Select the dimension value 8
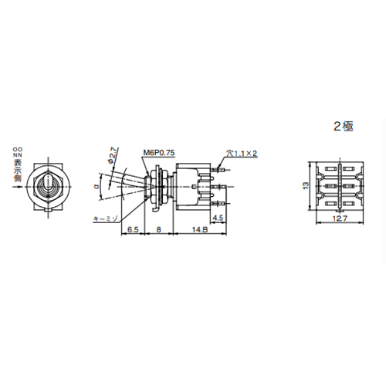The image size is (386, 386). point(158,229)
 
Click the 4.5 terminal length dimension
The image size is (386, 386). point(218,218)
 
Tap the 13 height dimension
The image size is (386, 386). point(304,185)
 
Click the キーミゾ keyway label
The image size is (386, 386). point(104,219)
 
